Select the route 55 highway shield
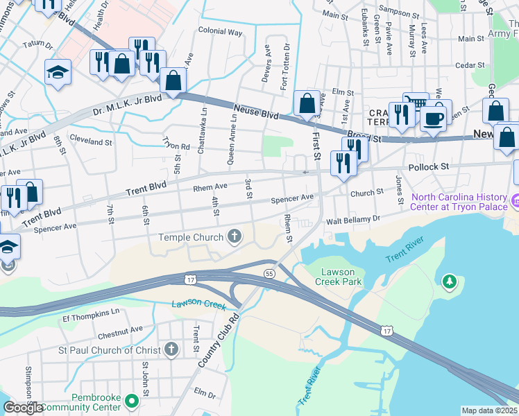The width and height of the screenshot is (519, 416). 269,275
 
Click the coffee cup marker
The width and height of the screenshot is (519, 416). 434,118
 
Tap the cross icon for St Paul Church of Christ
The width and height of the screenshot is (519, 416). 171,350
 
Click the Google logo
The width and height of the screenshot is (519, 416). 23,408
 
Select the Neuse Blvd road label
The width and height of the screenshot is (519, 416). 255,110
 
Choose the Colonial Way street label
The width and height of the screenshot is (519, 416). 220,32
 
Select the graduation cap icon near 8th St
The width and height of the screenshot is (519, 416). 57,71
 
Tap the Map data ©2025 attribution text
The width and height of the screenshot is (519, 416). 490,410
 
